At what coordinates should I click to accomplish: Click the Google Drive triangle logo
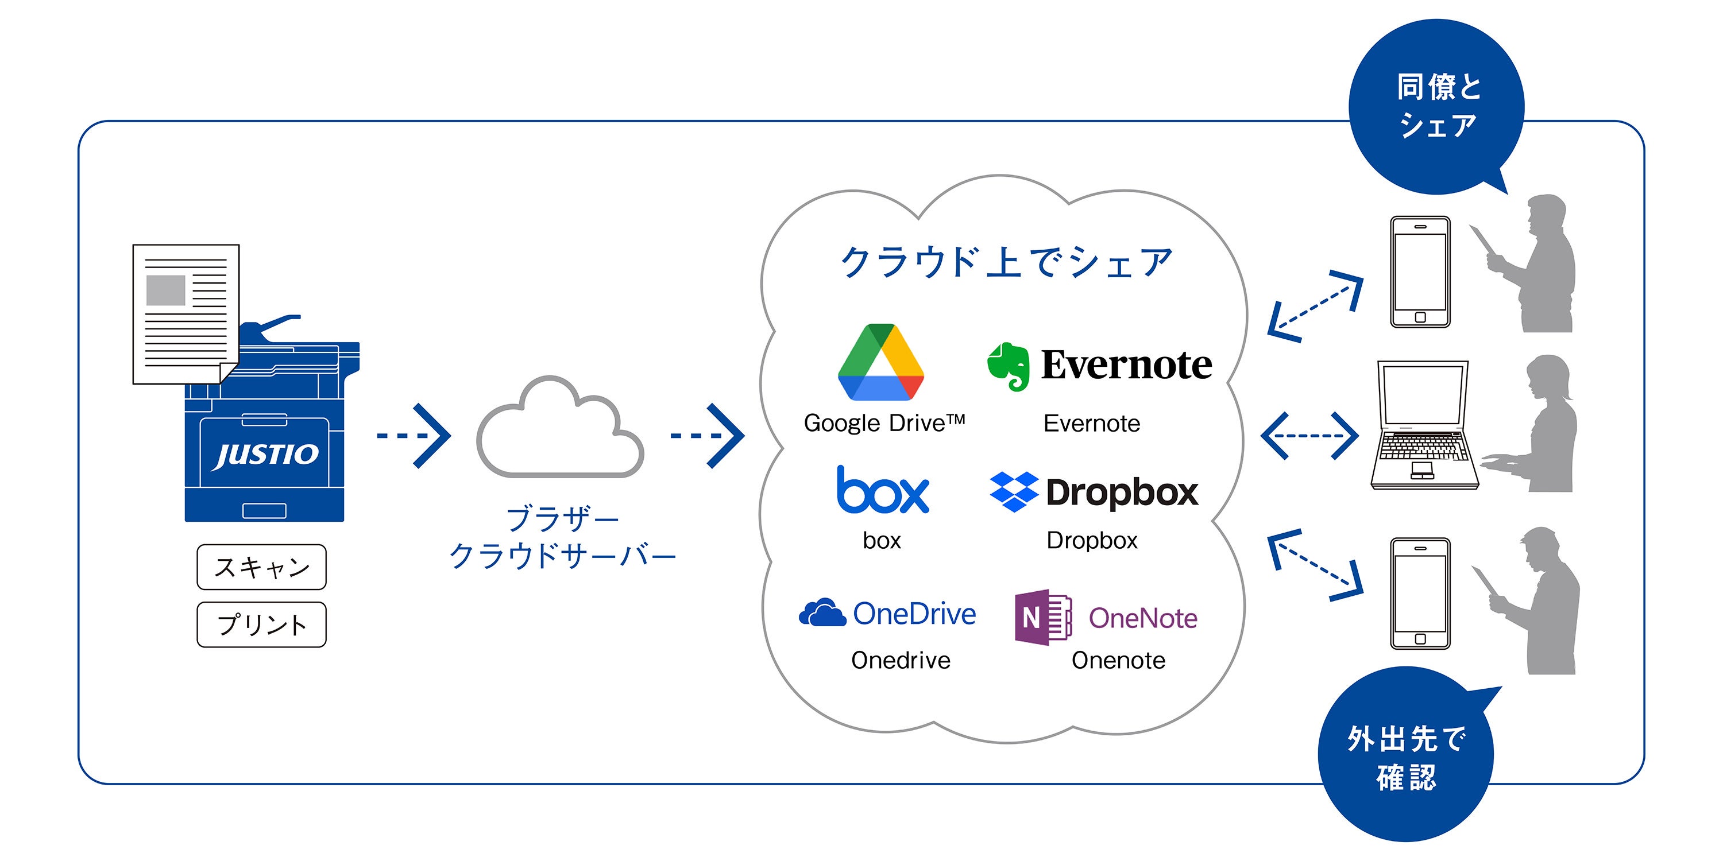click(x=880, y=362)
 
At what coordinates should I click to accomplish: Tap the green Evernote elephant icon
click(x=1008, y=366)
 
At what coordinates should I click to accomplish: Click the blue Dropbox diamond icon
click(x=1014, y=492)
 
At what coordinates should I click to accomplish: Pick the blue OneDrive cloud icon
click(x=822, y=612)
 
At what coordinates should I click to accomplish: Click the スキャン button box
click(x=261, y=567)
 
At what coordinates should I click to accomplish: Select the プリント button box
click(x=261, y=625)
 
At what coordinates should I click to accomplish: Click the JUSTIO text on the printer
click(x=265, y=455)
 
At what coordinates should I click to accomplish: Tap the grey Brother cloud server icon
click(x=561, y=426)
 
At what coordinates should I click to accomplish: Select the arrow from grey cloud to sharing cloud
click(x=708, y=436)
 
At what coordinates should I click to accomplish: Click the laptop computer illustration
click(x=1423, y=425)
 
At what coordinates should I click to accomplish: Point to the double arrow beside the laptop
click(x=1309, y=436)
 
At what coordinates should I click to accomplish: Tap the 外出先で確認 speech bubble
click(x=1407, y=755)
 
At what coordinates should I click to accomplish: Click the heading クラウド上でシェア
click(x=1006, y=262)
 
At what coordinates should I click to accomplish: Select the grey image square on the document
click(x=166, y=290)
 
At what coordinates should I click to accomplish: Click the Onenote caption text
click(x=1118, y=661)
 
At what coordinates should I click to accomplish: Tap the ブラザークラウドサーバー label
click(x=562, y=537)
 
